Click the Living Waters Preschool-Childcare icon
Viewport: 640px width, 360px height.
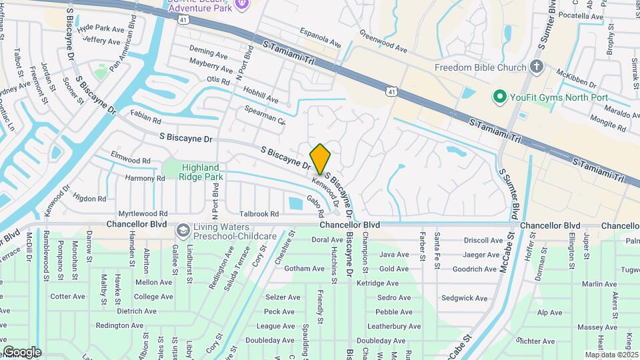click(182, 231)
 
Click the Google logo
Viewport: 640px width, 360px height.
click(21, 352)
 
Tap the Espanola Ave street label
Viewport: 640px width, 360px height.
click(320, 39)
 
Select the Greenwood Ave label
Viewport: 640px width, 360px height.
click(383, 41)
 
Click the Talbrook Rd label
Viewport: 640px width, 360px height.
click(259, 214)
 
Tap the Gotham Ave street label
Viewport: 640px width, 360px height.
click(303, 269)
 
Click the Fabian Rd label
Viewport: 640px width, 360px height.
click(146, 117)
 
